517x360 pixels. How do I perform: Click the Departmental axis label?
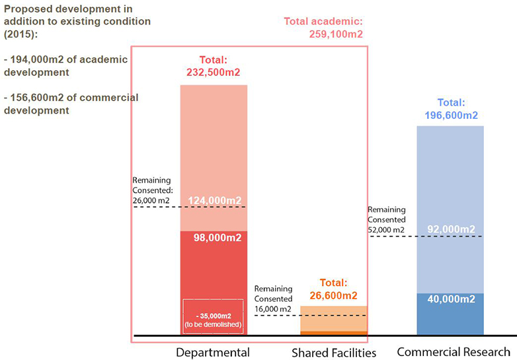point(212,352)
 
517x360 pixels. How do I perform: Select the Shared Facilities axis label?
point(334,352)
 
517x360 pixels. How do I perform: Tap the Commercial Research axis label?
point(453,351)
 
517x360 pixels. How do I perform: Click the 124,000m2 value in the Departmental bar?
point(213,199)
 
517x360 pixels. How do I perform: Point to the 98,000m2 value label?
point(213,238)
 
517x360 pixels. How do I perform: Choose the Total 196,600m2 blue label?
point(451,109)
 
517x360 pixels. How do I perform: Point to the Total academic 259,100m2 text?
point(324,28)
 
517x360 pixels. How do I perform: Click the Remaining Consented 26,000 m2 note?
point(152,190)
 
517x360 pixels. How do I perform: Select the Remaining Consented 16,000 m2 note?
point(273,299)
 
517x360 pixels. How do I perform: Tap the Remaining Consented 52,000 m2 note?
point(387,219)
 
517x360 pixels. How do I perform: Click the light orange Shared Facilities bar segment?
point(334,318)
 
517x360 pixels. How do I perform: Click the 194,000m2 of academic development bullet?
point(66,66)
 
